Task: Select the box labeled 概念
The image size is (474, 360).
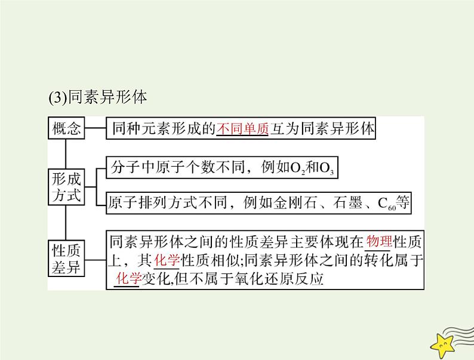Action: coord(66,129)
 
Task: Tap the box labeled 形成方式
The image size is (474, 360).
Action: coord(66,186)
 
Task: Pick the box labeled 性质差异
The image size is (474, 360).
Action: coord(66,257)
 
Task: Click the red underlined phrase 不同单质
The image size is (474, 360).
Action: coord(242,129)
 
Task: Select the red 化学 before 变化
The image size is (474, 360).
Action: coord(126,278)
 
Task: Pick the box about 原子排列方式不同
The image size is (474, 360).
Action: coord(259,202)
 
